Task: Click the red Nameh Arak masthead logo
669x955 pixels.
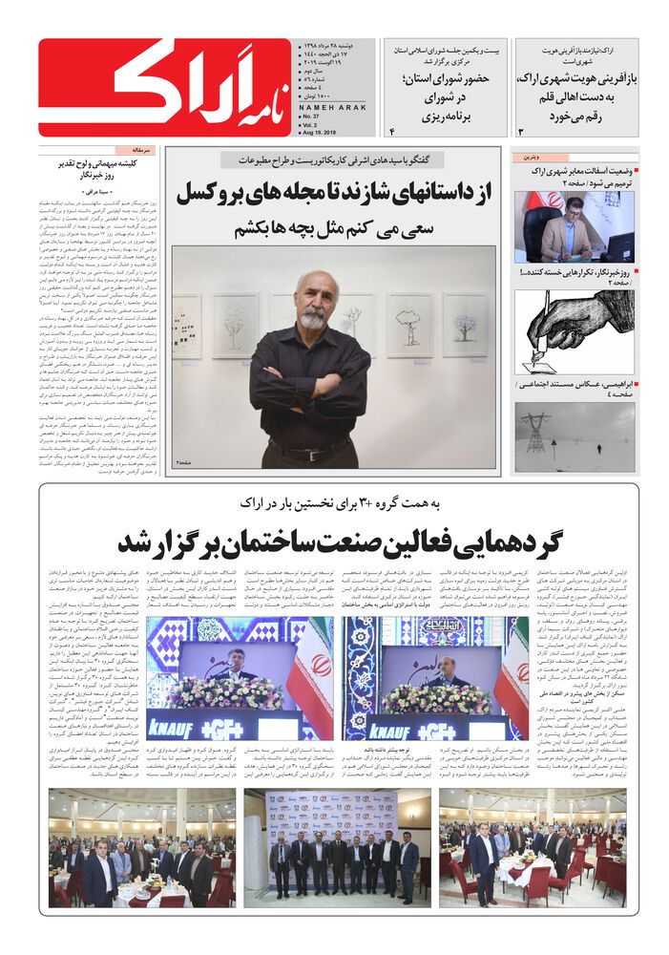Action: pos(164,89)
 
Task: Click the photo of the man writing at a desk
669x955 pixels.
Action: pos(575,226)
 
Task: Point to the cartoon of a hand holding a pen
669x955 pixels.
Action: pos(575,331)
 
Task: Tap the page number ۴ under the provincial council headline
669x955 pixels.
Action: pos(391,128)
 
